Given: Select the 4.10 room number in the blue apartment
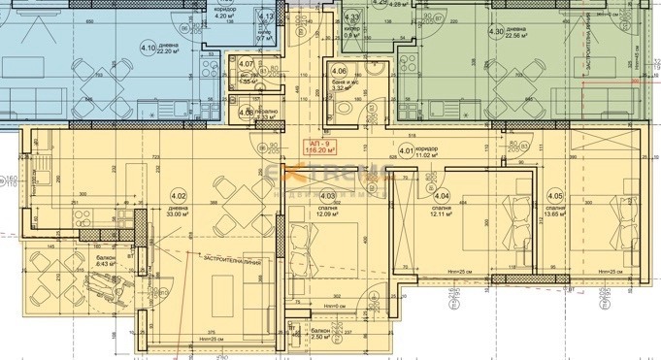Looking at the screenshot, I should click(149, 47).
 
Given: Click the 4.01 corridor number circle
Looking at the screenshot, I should click(408, 149).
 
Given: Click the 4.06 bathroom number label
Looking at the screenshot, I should click(339, 72).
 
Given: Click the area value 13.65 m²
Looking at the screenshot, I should click(555, 215).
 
